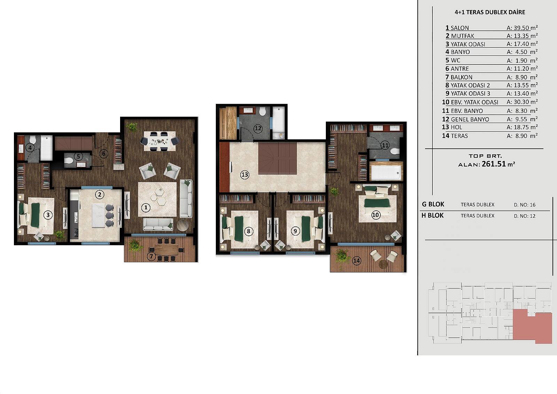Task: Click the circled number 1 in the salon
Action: (146, 207)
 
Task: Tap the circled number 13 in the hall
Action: (245, 175)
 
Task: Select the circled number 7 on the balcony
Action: (151, 256)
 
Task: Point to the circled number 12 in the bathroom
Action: (258, 129)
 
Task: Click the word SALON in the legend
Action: (460, 28)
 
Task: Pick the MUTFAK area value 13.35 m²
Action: (522, 36)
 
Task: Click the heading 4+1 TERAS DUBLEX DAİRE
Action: (490, 12)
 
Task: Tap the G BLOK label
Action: (433, 204)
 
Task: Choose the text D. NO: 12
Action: (525, 216)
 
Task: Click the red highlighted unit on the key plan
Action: (532, 326)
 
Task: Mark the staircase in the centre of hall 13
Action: (277, 158)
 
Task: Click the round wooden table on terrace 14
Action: (383, 264)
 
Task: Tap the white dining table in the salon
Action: (160, 141)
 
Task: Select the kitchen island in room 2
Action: (99, 215)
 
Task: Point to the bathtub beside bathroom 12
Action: (278, 123)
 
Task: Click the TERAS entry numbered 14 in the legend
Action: (455, 136)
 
